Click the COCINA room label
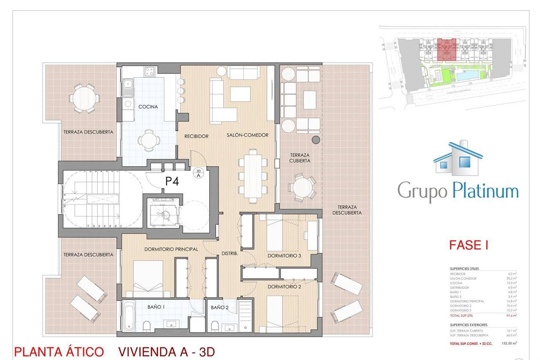coord(148,107)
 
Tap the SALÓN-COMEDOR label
coord(247,135)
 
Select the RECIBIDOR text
coord(196,136)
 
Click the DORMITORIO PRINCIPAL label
coord(171,249)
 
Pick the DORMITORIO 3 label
coord(284,256)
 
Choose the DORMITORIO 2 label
coord(284,286)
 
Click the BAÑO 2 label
coord(220,307)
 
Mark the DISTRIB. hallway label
coord(230,254)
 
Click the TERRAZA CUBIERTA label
coord(300,158)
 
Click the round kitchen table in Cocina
coord(148,140)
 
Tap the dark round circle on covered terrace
coord(315,140)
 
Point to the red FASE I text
coord(469,245)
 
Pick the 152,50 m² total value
coord(509,343)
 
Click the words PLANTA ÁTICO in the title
coord(59,352)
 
